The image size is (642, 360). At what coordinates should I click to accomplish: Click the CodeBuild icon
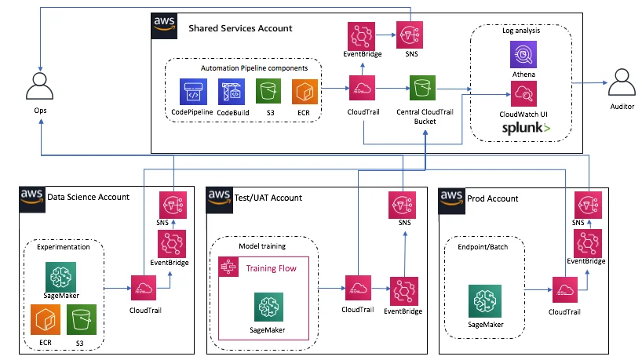click(232, 92)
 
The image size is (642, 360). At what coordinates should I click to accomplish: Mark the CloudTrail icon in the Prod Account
click(565, 289)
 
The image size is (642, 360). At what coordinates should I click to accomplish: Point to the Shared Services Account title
click(240, 28)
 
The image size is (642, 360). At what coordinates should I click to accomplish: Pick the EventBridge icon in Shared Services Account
click(362, 35)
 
